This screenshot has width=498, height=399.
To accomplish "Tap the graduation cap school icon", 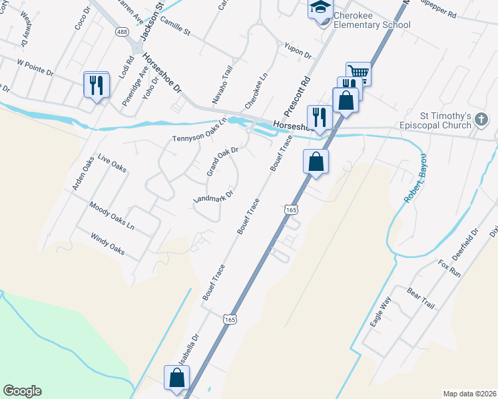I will pyautogui.click(x=320, y=7).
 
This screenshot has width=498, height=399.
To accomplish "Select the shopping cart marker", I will pyautogui.click(x=358, y=72).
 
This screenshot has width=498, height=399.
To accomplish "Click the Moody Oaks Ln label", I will pyautogui.click(x=111, y=217).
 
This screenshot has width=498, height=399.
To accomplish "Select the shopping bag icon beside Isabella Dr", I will pyautogui.click(x=177, y=378).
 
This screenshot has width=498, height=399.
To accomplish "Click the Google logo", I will pyautogui.click(x=22, y=391).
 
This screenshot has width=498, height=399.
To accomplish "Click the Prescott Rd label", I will pyautogui.click(x=296, y=86).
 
